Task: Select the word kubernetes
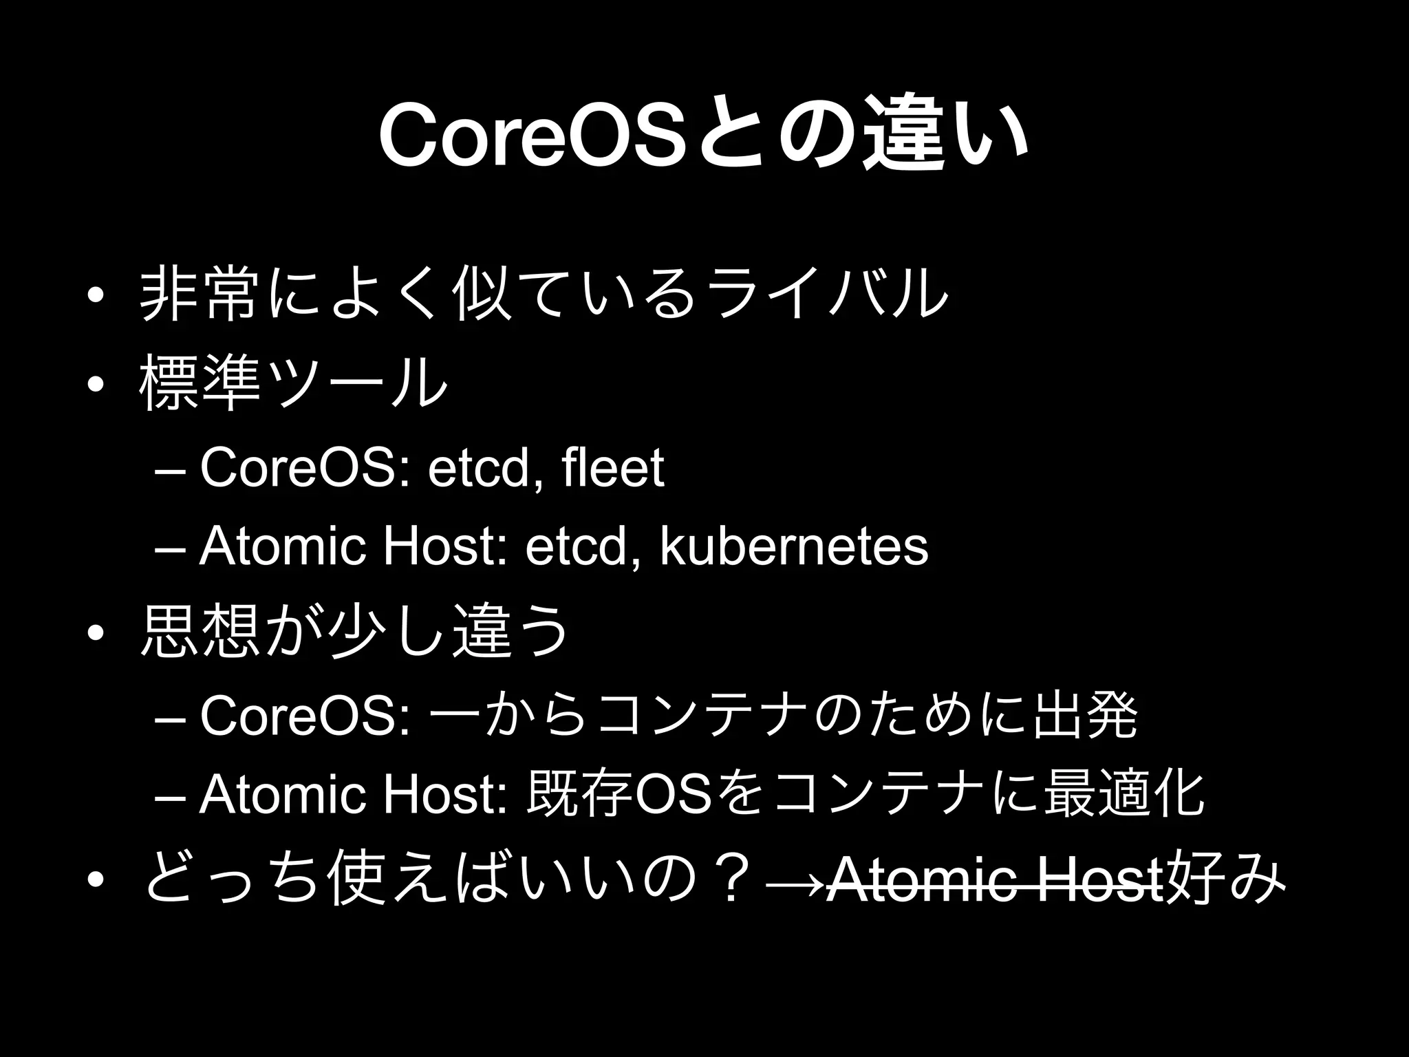794,547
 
